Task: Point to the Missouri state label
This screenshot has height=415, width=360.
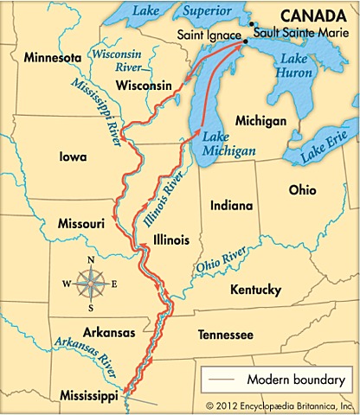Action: pos(80,223)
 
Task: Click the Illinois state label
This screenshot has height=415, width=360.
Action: pos(170,239)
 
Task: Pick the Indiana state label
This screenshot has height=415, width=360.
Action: pos(231,206)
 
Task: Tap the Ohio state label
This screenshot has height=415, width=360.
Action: pos(302,189)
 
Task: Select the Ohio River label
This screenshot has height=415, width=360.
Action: pos(220,259)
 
